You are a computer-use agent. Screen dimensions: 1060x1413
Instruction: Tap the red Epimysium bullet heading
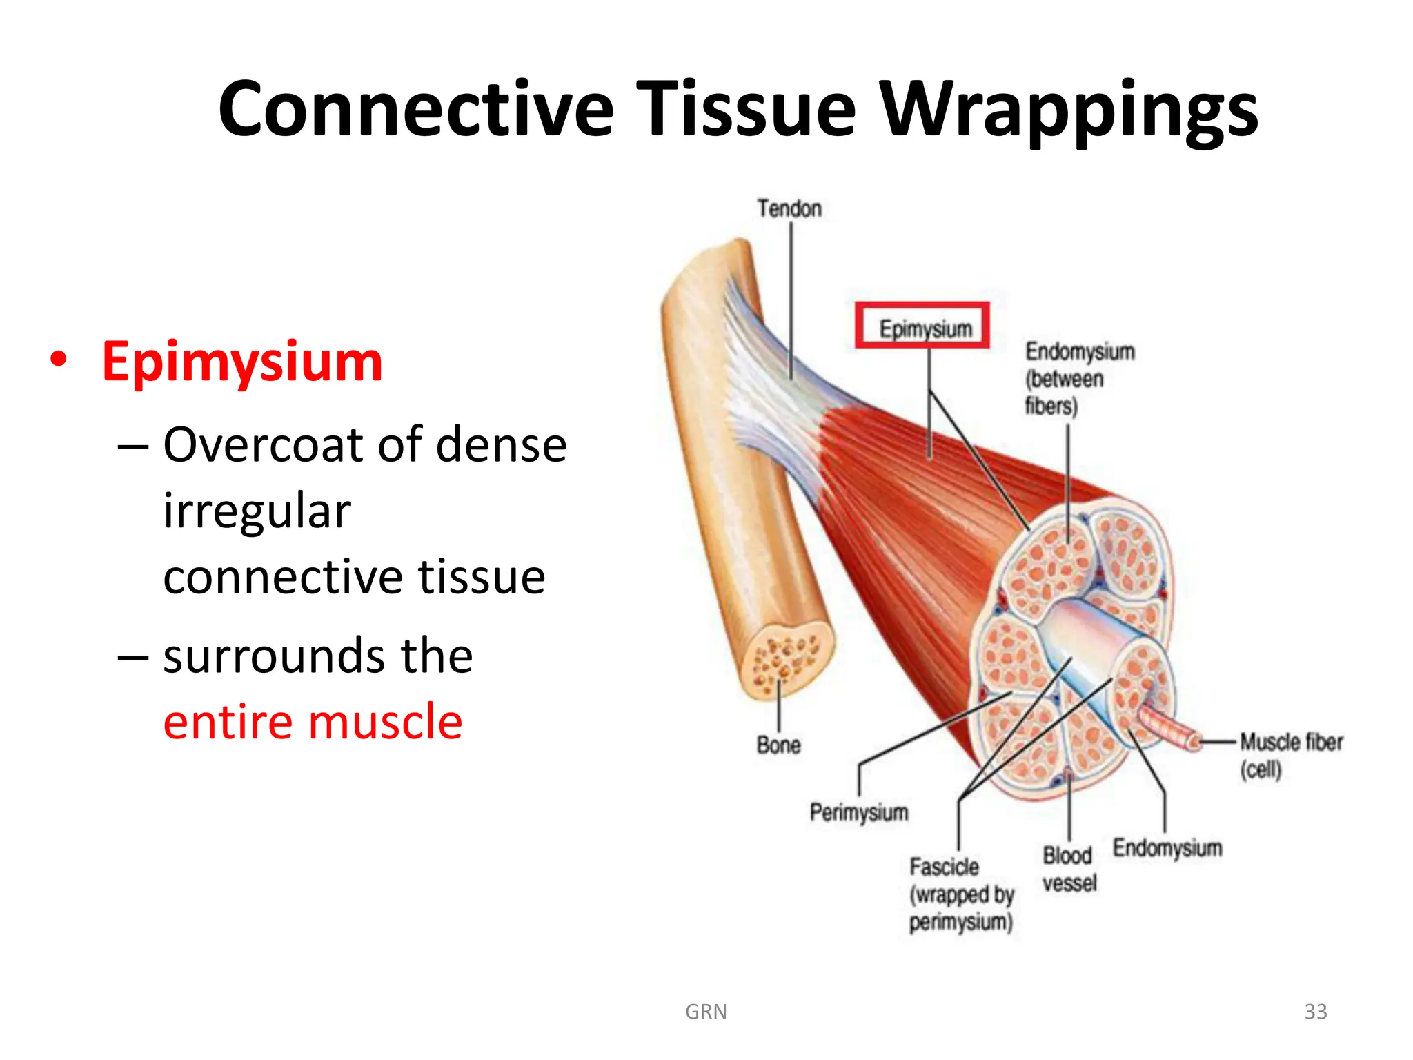pos(242,362)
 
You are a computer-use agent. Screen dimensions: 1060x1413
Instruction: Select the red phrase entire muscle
pos(313,722)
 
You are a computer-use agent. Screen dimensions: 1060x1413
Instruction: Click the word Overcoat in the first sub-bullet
pos(266,444)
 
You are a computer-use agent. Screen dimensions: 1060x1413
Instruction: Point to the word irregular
pos(257,511)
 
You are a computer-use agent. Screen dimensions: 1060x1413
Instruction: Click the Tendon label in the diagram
pos(789,208)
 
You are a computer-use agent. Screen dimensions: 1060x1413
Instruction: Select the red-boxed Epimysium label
pos(925,328)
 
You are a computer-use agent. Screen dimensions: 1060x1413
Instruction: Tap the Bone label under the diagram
pos(778,745)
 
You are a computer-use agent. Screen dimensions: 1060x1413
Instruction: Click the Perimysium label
pos(858,812)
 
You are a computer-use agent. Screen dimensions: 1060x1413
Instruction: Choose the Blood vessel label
pos(1069,870)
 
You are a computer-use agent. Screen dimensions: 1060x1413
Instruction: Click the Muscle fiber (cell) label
pos(1290,755)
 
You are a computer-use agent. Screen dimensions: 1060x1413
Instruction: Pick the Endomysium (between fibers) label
pos(1079,378)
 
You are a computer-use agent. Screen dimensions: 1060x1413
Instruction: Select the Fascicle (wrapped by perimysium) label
pos(961,894)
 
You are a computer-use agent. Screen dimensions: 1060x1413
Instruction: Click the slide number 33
pos(1315,1012)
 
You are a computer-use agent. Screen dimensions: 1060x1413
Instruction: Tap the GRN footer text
pos(705,1012)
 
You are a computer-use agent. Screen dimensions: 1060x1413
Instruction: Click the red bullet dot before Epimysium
pos(59,360)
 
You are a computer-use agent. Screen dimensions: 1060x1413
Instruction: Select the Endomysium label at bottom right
pos(1167,848)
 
